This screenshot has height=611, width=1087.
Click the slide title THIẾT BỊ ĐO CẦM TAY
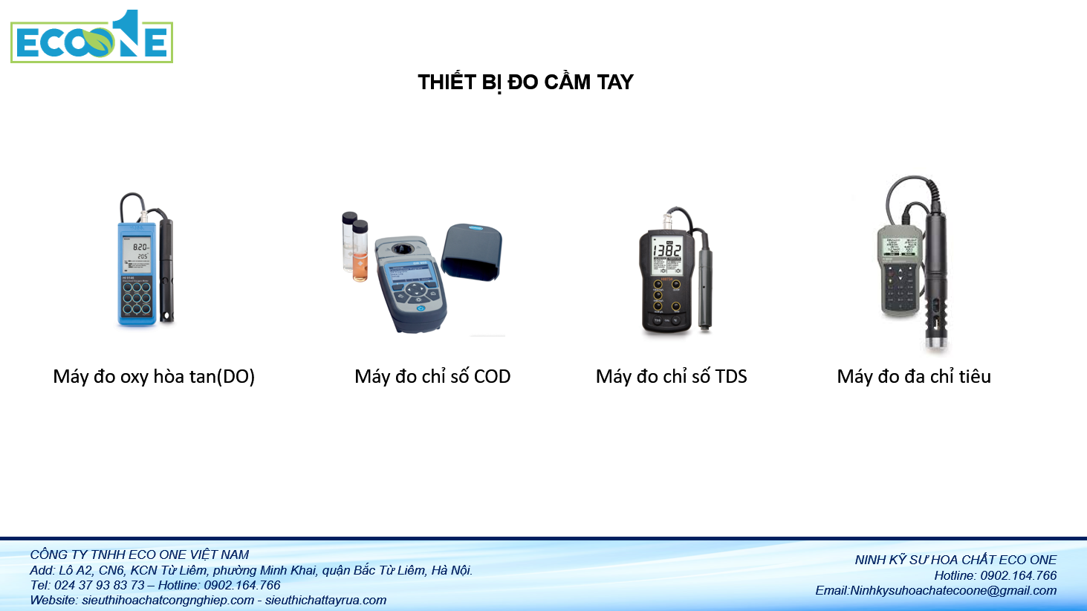point(525,82)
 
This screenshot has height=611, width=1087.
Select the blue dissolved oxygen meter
point(137,271)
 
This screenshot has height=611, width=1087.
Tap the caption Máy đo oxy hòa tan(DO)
point(154,377)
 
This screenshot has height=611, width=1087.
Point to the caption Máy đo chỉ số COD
point(432,377)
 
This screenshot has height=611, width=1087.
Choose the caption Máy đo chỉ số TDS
point(671,377)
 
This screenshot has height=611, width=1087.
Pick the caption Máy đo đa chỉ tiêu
point(914,377)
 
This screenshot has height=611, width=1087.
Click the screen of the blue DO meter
point(137,251)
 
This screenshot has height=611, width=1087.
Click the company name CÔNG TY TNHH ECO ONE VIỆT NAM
point(140,555)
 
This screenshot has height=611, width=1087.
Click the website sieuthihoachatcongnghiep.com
point(168,601)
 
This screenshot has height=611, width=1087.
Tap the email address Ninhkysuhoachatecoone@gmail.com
point(953,591)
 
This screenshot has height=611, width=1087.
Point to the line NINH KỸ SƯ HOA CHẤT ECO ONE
point(955,560)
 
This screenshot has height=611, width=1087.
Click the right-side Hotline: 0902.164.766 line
point(995,575)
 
